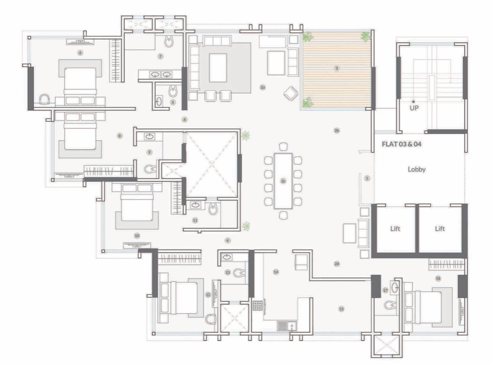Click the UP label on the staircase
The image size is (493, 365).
tap(413, 107)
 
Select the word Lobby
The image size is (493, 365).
tap(416, 169)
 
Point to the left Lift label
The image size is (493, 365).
tap(395, 229)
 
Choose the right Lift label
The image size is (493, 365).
tap(440, 229)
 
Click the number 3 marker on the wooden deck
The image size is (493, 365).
tap(336, 68)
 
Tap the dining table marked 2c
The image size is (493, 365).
tap(283, 181)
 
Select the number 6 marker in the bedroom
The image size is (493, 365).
tap(80, 53)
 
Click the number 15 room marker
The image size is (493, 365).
tap(341, 309)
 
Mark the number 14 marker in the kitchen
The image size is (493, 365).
tap(276, 272)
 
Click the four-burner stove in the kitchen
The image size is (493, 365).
tap(258, 305)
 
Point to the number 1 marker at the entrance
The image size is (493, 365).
tap(367, 178)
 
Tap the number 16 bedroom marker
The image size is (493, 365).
tap(438, 278)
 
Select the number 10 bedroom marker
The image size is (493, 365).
tap(137, 236)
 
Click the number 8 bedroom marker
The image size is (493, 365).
tap(120, 136)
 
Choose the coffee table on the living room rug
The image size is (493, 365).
tap(218, 67)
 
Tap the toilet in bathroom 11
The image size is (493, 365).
tap(213, 209)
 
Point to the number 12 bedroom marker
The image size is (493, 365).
tap(208, 295)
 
